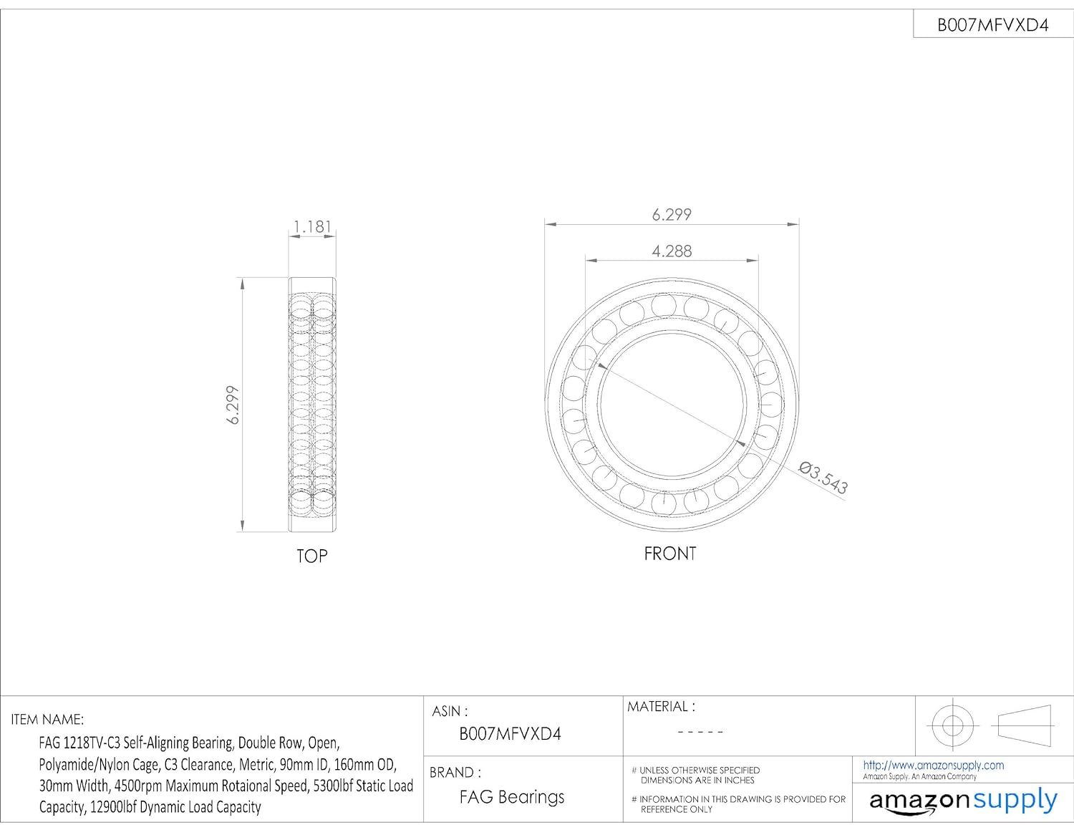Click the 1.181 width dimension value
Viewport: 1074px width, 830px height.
pyautogui.click(x=312, y=227)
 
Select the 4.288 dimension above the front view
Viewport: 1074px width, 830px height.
pyautogui.click(x=672, y=251)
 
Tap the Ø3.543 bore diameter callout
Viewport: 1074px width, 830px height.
pyautogui.click(x=823, y=478)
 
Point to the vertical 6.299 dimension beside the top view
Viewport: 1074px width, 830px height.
pyautogui.click(x=232, y=405)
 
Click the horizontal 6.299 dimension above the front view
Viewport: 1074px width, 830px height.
pyautogui.click(x=672, y=215)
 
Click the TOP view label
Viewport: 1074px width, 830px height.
pyautogui.click(x=312, y=556)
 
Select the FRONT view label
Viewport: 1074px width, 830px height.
pyautogui.click(x=670, y=554)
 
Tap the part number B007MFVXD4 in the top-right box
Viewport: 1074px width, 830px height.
pyautogui.click(x=993, y=25)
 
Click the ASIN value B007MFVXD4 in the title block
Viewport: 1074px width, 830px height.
pyautogui.click(x=510, y=733)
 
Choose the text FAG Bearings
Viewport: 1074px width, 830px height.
pyautogui.click(x=512, y=797)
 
